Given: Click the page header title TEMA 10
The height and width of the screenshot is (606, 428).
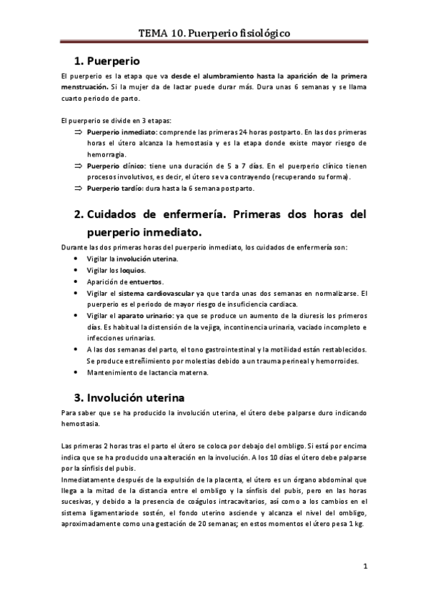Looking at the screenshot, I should tap(214, 33).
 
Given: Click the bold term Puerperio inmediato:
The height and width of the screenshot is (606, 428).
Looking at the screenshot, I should tap(122, 133).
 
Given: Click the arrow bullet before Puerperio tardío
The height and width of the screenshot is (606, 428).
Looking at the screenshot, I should tap(79, 189).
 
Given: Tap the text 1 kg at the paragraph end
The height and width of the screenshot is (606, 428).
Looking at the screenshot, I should tap(354, 524).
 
